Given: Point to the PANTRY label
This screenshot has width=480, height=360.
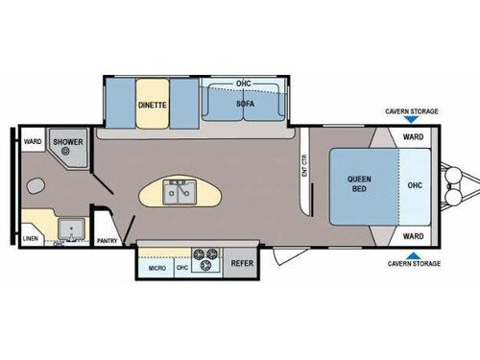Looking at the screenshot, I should (x=108, y=241).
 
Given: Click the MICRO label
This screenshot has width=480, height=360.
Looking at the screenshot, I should (x=156, y=268).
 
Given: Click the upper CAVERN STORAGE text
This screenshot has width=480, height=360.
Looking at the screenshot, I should (x=411, y=111).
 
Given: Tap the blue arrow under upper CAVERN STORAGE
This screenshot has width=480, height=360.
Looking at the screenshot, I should (x=411, y=121).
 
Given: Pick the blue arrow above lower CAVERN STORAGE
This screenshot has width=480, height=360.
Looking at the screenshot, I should (x=411, y=253).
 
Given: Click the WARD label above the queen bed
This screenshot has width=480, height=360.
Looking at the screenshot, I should (x=413, y=136).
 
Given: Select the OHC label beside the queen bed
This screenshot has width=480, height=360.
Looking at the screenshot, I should (x=415, y=185).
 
